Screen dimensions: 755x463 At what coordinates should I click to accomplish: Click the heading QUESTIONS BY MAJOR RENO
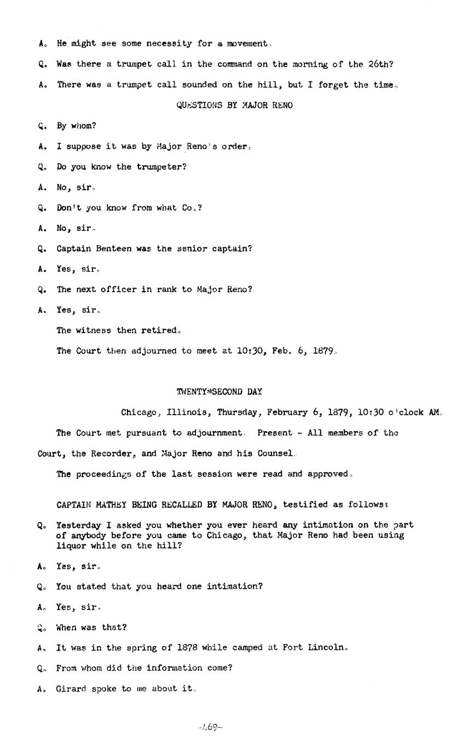pos(234,105)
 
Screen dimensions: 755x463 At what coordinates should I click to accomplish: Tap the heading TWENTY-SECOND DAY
pos(219,392)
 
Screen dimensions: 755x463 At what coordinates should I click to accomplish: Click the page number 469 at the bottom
pos(210,727)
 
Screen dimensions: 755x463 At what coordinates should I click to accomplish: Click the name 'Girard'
pos(71,689)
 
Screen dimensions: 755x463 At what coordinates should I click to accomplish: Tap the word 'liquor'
pos(71,545)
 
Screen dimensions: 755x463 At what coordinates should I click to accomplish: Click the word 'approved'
pos(327,474)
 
